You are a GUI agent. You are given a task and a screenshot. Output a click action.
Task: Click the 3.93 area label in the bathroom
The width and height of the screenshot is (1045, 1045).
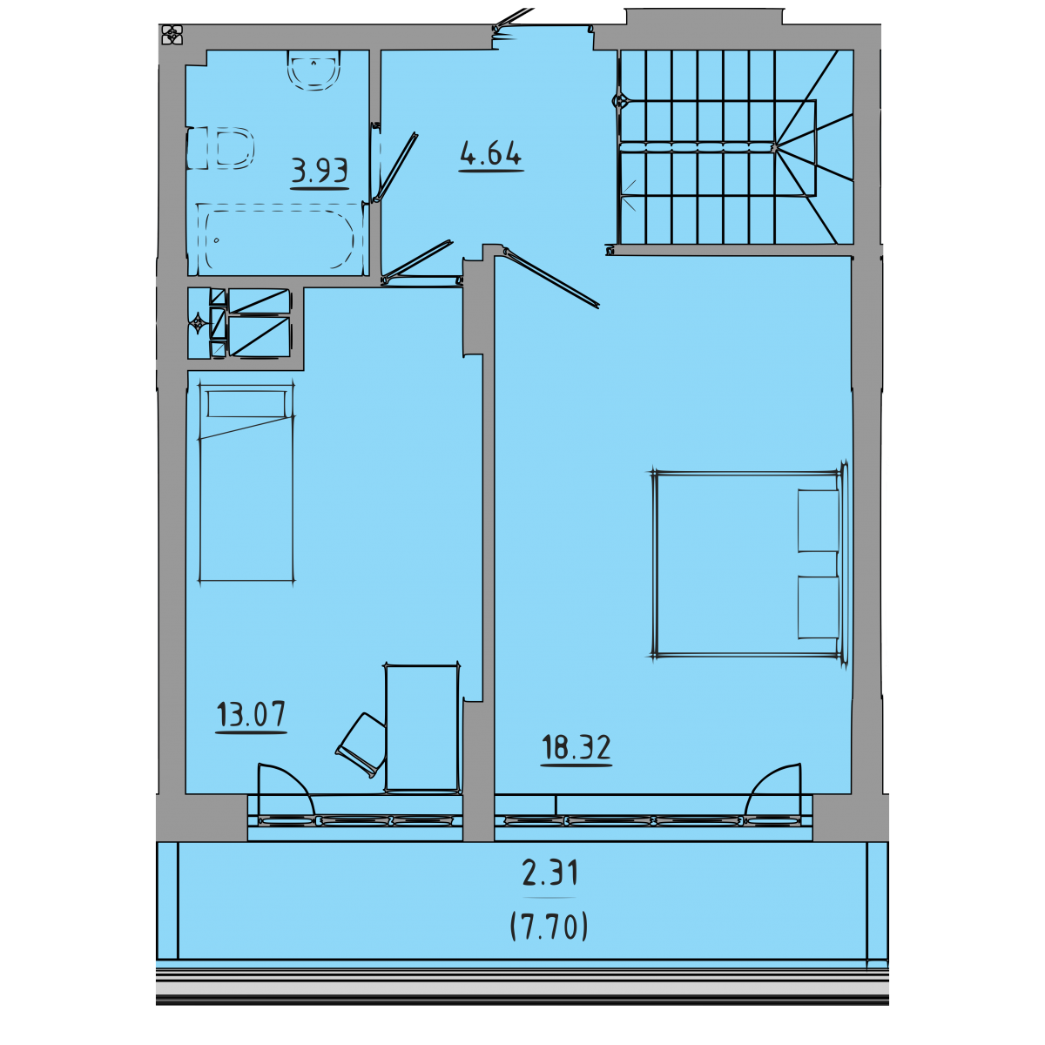click(x=320, y=171)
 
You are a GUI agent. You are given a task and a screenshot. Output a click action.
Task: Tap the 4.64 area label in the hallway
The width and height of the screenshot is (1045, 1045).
click(x=491, y=153)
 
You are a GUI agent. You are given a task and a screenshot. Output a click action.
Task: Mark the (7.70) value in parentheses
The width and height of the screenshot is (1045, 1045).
click(x=549, y=927)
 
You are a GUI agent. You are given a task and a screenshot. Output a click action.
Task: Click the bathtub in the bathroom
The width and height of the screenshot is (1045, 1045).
click(x=279, y=239)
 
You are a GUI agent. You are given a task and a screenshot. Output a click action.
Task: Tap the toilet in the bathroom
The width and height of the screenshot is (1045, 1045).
click(x=220, y=148)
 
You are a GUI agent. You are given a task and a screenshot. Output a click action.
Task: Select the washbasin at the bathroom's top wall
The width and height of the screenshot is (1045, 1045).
click(x=314, y=70)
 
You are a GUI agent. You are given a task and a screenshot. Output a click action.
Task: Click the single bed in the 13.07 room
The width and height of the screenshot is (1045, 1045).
click(x=246, y=482)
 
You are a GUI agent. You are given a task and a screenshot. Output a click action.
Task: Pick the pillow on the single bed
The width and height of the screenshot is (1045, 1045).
click(x=246, y=404)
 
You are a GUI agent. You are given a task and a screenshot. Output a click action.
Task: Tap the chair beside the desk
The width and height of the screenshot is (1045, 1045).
click(x=361, y=745)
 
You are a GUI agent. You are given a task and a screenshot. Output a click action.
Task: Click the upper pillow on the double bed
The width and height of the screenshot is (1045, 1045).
click(x=819, y=521)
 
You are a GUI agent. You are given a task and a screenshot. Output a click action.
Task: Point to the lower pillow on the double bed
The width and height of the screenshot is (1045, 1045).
click(x=819, y=607)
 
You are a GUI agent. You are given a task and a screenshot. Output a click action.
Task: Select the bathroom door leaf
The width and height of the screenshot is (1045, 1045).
click(x=397, y=166)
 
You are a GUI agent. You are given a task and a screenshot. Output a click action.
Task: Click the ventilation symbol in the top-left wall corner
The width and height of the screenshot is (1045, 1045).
click(x=172, y=35)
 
